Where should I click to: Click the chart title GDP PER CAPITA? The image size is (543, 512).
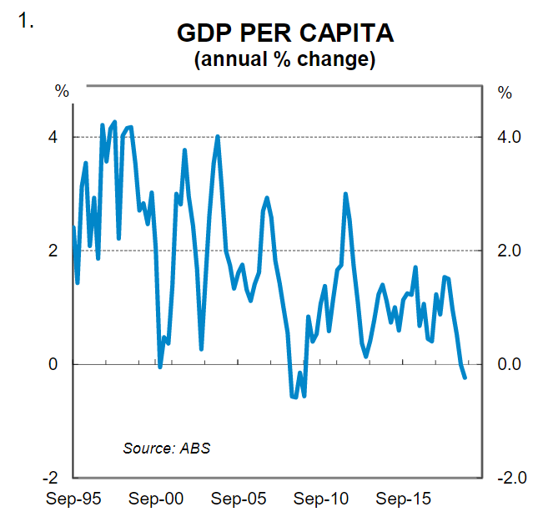285,35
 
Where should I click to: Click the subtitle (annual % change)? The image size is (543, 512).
284,60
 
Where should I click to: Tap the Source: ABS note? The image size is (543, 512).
167,448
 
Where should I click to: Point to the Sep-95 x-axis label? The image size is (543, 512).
73,499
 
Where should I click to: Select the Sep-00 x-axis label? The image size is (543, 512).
156,499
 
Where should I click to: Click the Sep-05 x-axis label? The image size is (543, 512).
239,499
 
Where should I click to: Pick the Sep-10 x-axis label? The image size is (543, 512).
321,499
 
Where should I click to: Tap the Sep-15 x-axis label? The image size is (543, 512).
404,499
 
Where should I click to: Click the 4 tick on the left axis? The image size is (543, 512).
53,137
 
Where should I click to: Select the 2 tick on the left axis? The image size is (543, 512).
53,251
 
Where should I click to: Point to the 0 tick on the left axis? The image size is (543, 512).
53,364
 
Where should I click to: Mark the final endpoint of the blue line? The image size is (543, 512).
465,378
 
